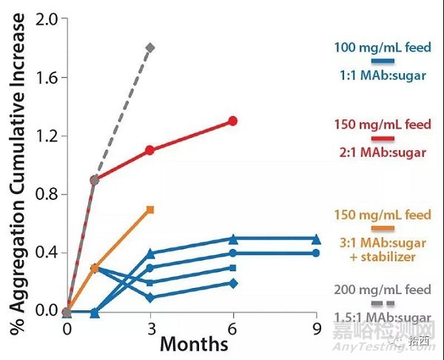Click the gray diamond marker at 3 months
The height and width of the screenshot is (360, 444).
(x=150, y=47)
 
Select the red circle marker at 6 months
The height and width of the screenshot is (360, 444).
(x=233, y=121)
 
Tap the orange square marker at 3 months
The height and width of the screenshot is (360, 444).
(x=150, y=210)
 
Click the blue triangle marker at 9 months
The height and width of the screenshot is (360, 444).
(x=316, y=239)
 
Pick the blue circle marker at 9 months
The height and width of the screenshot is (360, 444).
(x=316, y=253)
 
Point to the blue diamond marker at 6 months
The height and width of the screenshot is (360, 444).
(x=233, y=283)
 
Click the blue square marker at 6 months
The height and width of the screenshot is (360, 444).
(x=233, y=268)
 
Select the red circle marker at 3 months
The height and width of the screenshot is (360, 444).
(x=150, y=150)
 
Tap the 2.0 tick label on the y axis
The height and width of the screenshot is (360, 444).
(x=46, y=19)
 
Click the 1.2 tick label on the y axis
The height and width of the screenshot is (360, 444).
(x=46, y=136)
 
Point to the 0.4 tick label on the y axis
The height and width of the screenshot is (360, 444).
(x=46, y=253)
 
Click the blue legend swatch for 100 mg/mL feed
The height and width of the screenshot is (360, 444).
(x=382, y=61)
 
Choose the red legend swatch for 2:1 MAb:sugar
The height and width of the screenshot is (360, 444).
(x=382, y=139)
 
